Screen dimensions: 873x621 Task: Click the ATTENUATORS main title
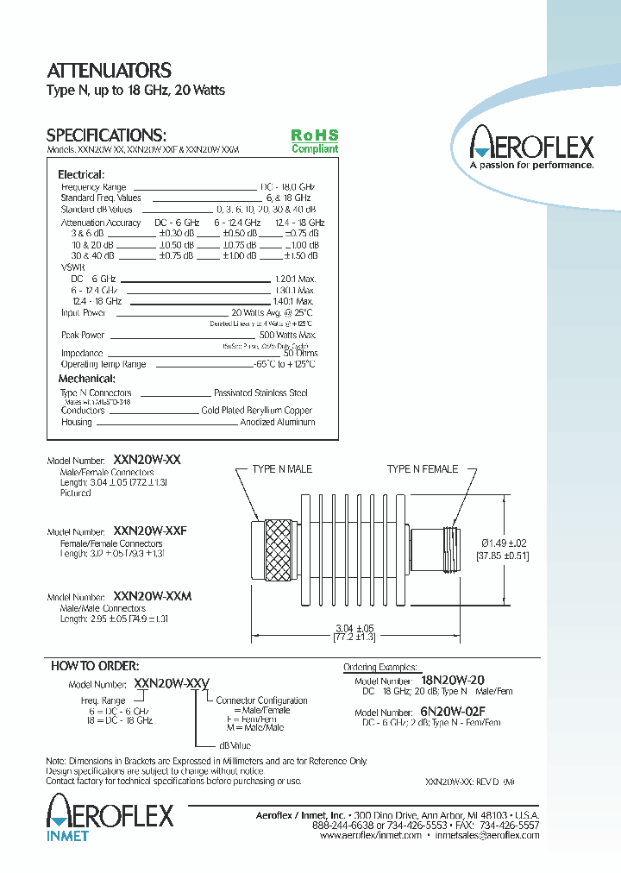point(109,71)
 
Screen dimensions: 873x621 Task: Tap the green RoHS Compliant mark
point(314,141)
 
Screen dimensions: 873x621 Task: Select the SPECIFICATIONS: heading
point(105,135)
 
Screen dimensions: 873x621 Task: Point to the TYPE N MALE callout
point(282,469)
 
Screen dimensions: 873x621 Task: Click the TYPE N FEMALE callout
point(423,469)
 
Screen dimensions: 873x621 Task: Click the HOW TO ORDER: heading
point(95,666)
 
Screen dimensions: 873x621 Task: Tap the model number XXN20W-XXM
point(152,597)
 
